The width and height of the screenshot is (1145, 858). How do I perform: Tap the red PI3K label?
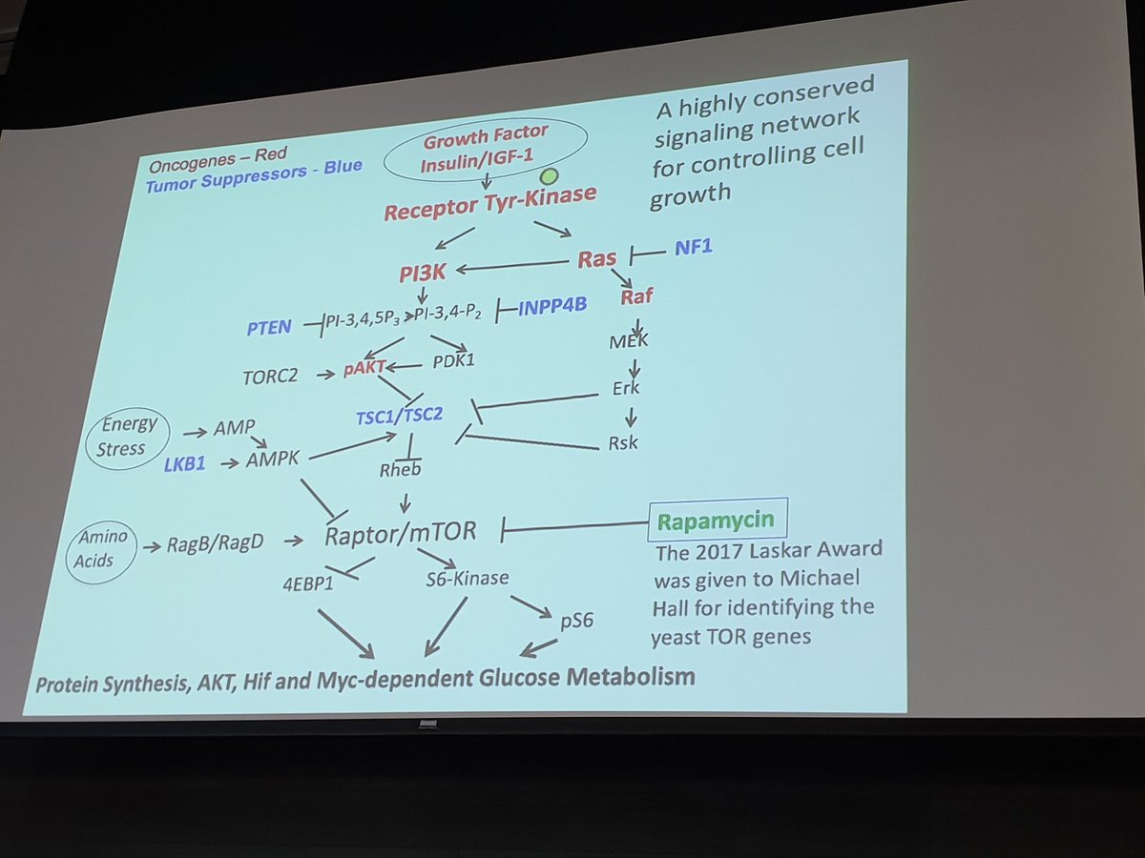(x=424, y=274)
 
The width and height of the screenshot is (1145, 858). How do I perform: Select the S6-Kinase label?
(x=467, y=578)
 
